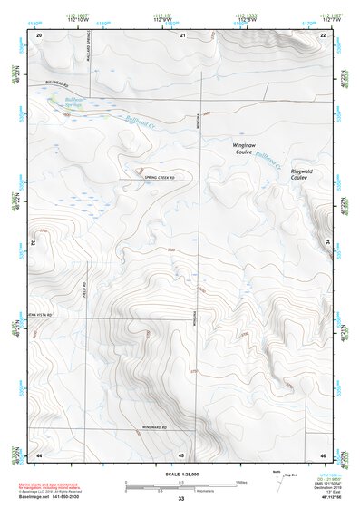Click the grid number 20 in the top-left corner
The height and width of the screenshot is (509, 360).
[x=39, y=34]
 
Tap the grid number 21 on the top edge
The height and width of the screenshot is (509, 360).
[x=182, y=34]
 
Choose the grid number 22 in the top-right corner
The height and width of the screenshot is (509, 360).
[x=323, y=34]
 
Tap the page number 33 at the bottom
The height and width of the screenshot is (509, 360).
[x=180, y=500]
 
